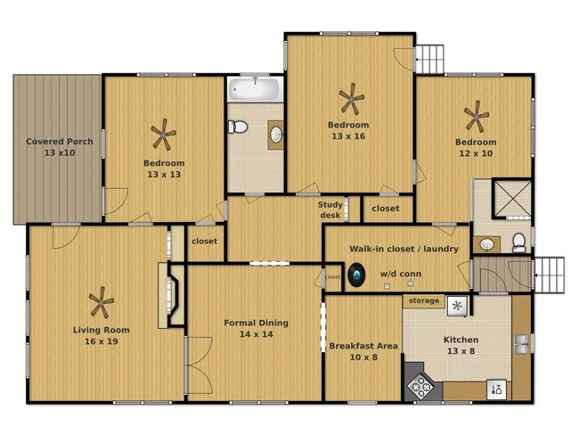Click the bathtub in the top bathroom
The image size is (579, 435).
[256, 89]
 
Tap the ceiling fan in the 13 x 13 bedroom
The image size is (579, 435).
[163, 136]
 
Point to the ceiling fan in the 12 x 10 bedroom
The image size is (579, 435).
[477, 115]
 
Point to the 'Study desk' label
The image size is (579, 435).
[330, 209]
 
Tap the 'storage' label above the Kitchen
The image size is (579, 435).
[424, 300]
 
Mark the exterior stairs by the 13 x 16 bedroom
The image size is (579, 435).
[429, 58]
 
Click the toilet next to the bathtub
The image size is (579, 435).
[237, 128]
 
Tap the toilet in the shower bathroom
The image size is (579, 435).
[518, 242]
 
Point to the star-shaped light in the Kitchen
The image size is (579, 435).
[457, 307]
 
